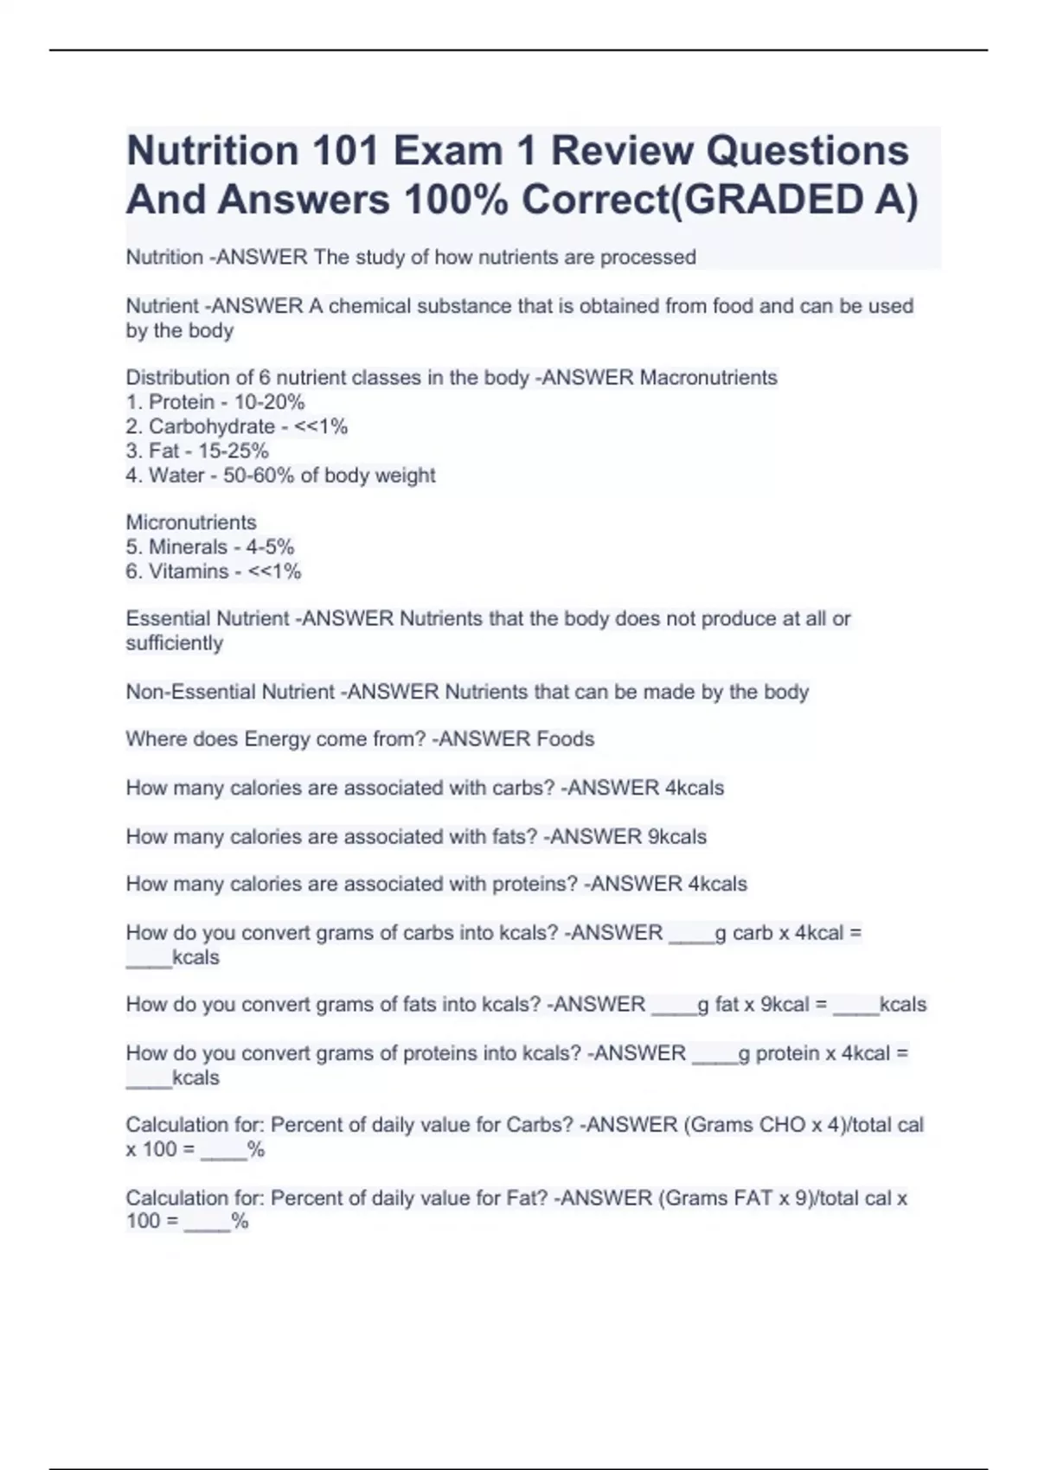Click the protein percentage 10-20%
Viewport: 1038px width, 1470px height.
269,402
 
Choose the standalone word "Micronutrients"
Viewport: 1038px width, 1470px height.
191,522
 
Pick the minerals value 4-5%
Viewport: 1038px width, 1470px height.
270,546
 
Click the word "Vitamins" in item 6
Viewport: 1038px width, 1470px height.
189,571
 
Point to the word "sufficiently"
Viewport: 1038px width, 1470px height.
174,642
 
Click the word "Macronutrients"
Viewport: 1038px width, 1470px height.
708,378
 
